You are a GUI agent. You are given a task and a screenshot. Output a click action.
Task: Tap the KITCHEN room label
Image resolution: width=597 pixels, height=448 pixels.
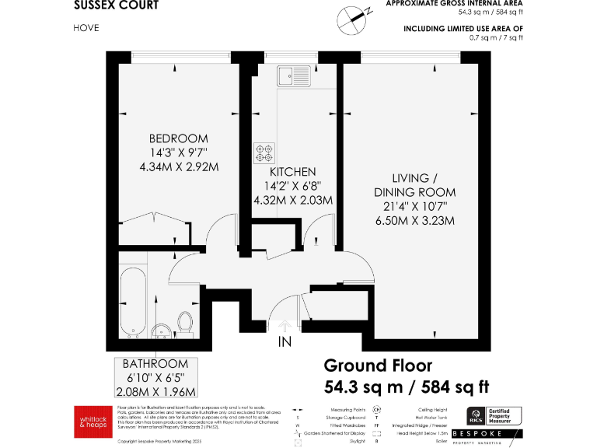coord(292,172)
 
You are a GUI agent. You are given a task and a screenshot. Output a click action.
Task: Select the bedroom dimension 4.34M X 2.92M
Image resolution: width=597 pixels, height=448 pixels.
coord(178,166)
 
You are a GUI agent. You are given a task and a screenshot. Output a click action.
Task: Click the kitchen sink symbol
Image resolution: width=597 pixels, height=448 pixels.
coord(294,75)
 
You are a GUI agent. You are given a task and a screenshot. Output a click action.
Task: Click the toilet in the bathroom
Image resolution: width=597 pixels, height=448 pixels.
coord(185,321)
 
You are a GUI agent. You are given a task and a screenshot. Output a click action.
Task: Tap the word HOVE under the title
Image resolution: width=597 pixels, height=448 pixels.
coord(86,28)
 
